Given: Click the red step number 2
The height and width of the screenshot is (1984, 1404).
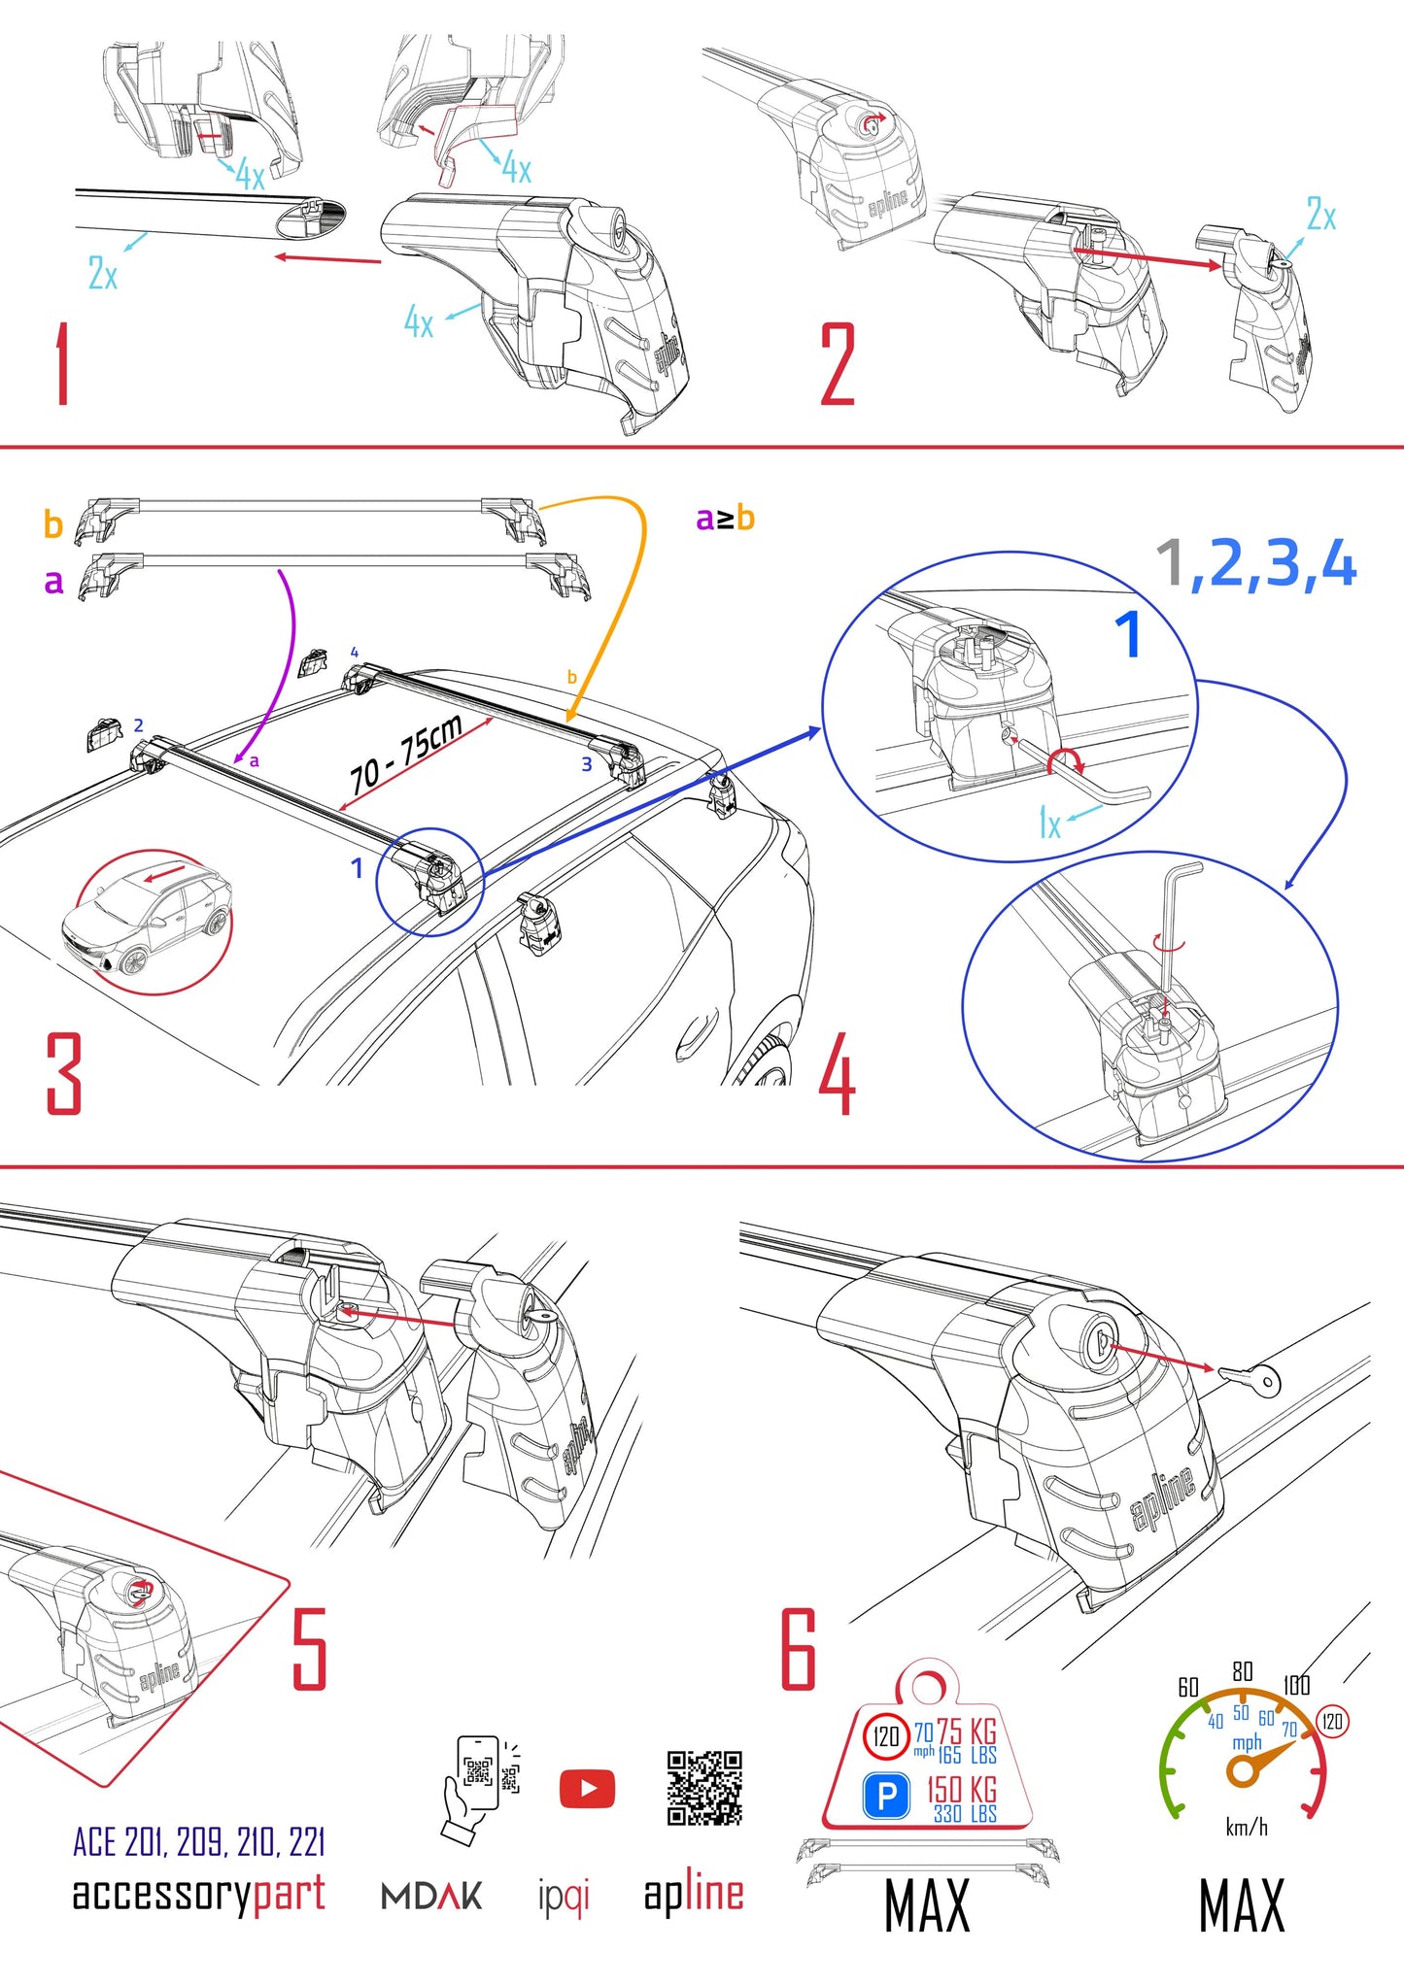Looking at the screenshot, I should (837, 365).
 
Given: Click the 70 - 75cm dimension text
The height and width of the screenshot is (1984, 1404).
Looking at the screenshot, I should (405, 756).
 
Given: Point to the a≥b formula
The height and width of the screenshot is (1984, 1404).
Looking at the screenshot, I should (725, 519).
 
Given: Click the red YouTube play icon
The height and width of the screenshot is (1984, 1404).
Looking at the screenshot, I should (587, 1788).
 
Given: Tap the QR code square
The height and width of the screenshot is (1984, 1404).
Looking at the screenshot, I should (704, 1788).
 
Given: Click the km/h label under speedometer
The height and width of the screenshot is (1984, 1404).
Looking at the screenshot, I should (1246, 1828).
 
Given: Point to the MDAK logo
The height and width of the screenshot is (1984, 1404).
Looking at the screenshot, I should (430, 1896).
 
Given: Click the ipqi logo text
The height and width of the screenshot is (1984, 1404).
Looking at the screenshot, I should (564, 1896).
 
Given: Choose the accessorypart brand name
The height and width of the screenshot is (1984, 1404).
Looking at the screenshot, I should (198, 1894).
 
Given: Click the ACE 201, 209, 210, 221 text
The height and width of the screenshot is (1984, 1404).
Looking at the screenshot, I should (198, 1842).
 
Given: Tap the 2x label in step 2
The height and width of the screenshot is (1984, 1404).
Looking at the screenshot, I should (1320, 215).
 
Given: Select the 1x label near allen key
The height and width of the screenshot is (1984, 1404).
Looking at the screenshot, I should (1049, 824).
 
